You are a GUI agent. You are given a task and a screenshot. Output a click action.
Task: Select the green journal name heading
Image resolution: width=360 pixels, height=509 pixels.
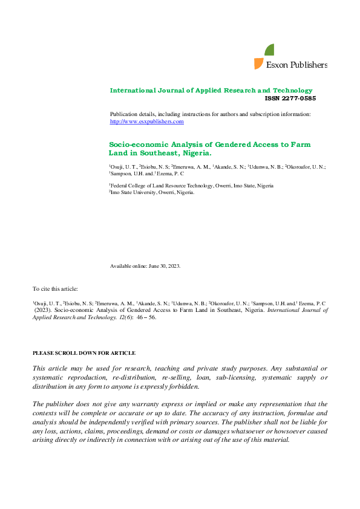click(x=211, y=90)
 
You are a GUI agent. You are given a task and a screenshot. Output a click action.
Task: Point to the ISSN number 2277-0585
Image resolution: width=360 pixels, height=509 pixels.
click(x=290, y=98)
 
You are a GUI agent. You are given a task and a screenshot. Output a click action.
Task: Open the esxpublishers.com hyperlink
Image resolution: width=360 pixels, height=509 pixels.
click(x=146, y=122)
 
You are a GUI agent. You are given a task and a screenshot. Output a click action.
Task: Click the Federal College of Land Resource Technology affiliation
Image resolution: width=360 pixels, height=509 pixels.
click(x=191, y=186)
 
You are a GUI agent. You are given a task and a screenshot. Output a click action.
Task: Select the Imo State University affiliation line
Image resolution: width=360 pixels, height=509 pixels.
click(x=152, y=192)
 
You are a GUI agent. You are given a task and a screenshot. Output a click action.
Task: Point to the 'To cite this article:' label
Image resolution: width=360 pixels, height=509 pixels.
click(x=55, y=290)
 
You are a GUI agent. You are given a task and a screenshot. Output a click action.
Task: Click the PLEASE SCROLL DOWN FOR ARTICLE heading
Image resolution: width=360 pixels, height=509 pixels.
click(x=83, y=353)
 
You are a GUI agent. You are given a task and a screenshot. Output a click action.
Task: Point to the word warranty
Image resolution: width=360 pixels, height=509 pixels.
click(x=141, y=404)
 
